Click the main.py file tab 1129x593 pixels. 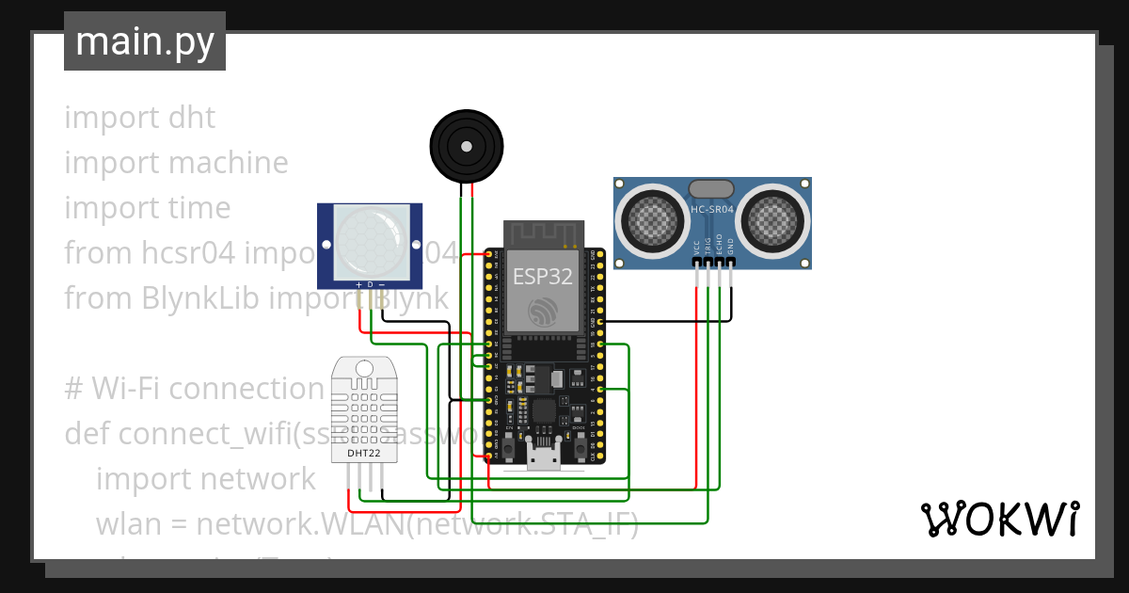point(144,41)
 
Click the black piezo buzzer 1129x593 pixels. point(466,145)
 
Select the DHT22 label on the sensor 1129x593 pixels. point(364,453)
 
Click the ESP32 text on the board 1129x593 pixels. point(542,277)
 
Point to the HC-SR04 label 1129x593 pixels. point(712,210)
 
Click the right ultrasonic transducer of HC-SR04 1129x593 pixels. point(773,220)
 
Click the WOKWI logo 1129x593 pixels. point(999,520)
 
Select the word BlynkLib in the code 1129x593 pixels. point(201,298)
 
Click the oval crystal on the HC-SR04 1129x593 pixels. point(712,189)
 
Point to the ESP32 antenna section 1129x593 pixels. point(544,234)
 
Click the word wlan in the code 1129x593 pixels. point(128,523)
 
